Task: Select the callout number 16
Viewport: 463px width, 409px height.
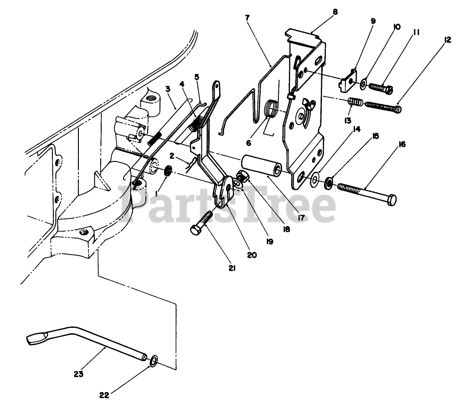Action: pyautogui.click(x=401, y=145)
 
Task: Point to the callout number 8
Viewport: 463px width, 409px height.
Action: pyautogui.click(x=335, y=12)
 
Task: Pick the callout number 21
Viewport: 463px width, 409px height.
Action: pyautogui.click(x=231, y=269)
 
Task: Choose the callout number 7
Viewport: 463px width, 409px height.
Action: pyautogui.click(x=247, y=18)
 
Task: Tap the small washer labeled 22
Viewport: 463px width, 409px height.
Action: pyautogui.click(x=154, y=362)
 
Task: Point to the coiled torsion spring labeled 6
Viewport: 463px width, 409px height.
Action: pyautogui.click(x=273, y=109)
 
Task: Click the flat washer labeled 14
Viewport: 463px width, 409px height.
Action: pyautogui.click(x=314, y=181)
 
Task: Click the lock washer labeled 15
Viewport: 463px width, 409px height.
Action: pyautogui.click(x=328, y=184)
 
